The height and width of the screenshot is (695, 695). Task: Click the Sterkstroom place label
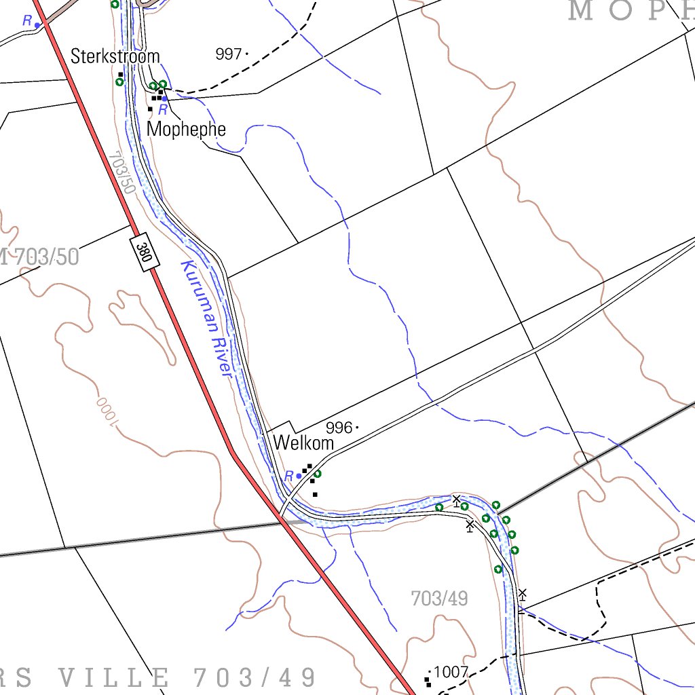[115, 56]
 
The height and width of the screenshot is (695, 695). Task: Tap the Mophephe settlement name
[186, 129]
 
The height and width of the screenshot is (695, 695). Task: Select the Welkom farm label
[303, 443]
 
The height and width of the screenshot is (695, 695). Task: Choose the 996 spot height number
[339, 428]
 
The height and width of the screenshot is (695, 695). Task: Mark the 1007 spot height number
[451, 672]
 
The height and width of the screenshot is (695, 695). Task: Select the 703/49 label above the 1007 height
[439, 599]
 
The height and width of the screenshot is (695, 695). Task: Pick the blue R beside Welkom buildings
[289, 476]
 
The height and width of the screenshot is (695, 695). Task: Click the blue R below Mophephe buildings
[162, 109]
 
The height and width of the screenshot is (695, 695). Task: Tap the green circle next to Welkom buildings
[317, 474]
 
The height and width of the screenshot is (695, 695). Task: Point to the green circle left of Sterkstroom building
[119, 82]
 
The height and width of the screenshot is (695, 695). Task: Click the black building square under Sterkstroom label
[121, 74]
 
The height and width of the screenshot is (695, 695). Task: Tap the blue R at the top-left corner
[27, 21]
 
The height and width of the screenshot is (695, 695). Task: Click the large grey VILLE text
[114, 677]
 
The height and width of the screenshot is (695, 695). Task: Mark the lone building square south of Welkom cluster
[315, 494]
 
